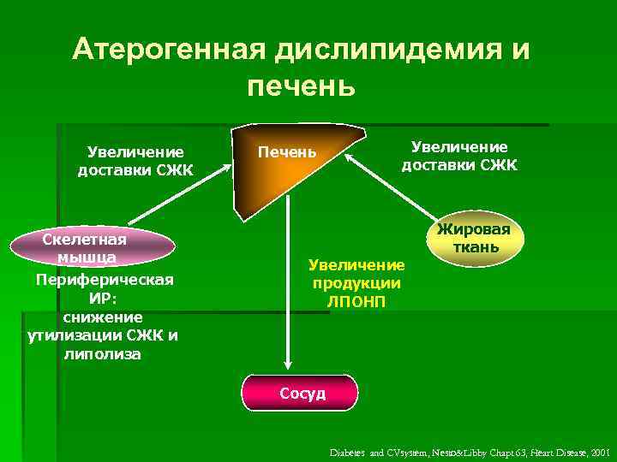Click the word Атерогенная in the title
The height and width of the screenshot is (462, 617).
pos(170,50)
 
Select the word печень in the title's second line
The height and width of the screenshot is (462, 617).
pos(301,86)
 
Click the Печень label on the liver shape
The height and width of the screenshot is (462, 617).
pos(288,152)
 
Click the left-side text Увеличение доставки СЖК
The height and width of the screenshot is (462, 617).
pos(135,161)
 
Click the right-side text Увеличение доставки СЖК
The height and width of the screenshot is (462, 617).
pos(459,156)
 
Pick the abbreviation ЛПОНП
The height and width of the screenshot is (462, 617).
pos(356,301)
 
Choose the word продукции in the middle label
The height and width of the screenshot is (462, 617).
pos(356,284)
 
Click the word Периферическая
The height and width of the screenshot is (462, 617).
pos(105,280)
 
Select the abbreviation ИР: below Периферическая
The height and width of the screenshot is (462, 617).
pos(103,299)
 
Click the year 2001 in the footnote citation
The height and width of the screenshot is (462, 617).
pos(599,450)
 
